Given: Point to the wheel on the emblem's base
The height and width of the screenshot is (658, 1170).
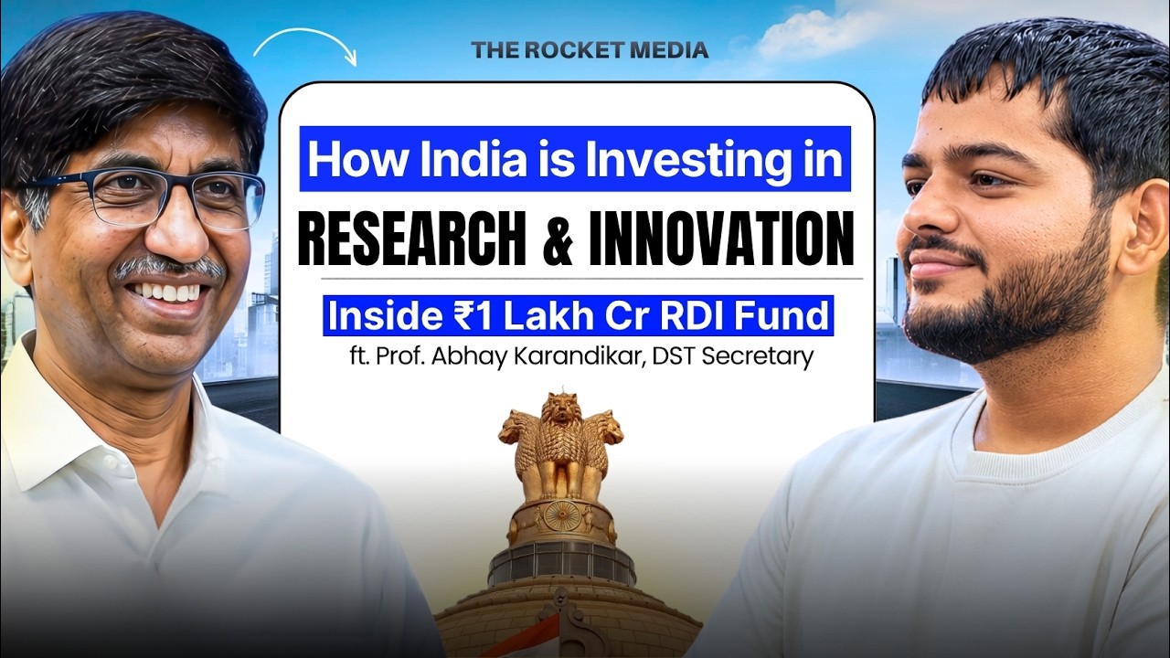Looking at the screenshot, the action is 560,514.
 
